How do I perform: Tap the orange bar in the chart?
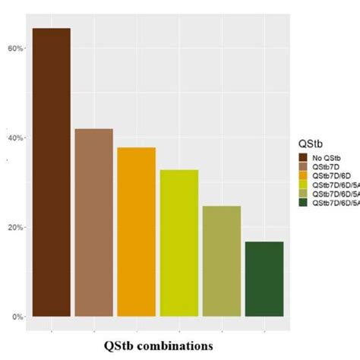136,232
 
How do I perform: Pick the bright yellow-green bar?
178,242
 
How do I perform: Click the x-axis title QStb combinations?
159,346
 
